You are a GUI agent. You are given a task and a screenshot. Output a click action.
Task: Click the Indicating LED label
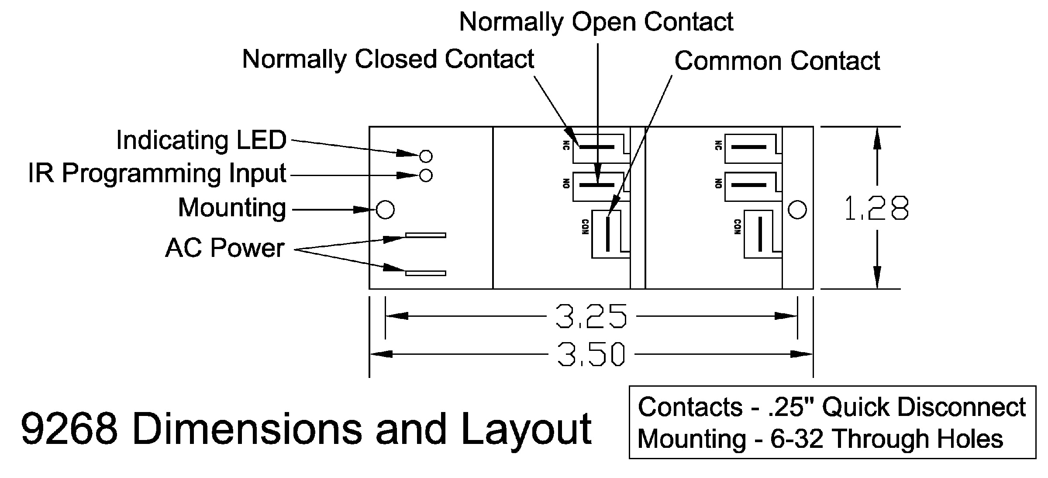(x=201, y=141)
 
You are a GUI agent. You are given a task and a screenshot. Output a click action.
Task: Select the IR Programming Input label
(x=157, y=173)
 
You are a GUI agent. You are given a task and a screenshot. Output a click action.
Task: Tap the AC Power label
(x=225, y=248)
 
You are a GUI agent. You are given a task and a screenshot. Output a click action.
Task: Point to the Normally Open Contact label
(x=596, y=22)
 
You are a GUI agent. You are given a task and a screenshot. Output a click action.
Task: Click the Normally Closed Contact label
(x=388, y=59)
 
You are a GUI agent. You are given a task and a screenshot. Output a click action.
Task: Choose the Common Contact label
(x=777, y=61)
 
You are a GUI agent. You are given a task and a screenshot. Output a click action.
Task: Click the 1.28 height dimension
(x=876, y=208)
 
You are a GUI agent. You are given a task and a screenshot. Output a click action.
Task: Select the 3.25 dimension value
(x=591, y=316)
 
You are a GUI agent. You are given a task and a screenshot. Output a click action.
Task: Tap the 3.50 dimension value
(x=591, y=354)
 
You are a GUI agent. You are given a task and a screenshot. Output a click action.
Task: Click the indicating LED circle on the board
(x=426, y=156)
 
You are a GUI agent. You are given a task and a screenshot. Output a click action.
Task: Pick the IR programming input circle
(x=426, y=176)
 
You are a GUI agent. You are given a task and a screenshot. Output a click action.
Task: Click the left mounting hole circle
(x=385, y=210)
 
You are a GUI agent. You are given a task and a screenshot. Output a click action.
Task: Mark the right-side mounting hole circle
(x=797, y=210)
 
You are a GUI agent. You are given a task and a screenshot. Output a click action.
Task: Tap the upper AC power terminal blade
(x=426, y=236)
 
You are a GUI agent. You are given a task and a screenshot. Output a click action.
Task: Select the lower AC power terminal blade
(x=426, y=274)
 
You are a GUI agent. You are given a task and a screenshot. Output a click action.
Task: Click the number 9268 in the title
(x=69, y=430)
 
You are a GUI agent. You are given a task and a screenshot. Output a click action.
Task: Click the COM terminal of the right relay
(x=760, y=234)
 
